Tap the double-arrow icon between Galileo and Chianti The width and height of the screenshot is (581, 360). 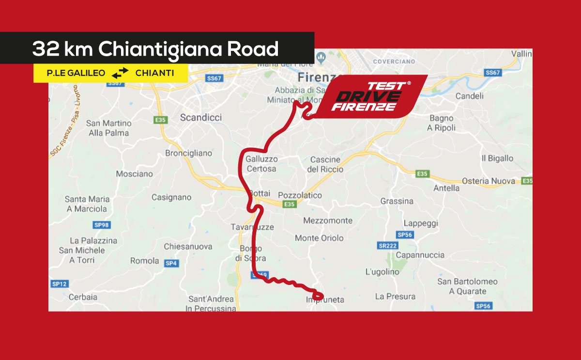(120, 73)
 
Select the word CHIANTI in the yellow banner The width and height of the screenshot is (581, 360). (154, 73)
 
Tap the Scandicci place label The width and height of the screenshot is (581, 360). (200, 117)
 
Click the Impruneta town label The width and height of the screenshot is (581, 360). (325, 300)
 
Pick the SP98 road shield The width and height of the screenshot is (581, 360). (101, 225)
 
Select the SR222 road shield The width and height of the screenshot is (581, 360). (387, 246)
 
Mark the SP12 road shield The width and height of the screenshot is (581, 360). (59, 284)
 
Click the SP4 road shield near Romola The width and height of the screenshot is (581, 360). (171, 263)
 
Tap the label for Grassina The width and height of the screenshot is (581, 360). (397, 201)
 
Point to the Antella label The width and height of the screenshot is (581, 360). (446, 188)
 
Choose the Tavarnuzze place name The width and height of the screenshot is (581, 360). (252, 227)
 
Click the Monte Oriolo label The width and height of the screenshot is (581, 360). (319, 238)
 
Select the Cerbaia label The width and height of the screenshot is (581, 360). (83, 297)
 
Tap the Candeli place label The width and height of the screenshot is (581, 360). (469, 96)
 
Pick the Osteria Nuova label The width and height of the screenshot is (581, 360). (488, 181)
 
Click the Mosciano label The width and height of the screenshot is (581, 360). (134, 173)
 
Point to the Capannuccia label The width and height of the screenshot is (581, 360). (420, 255)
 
